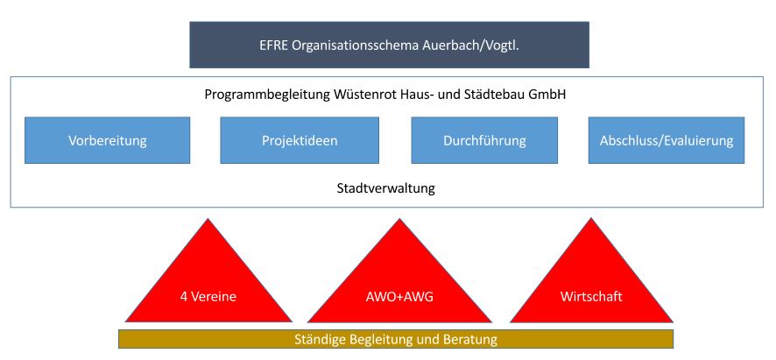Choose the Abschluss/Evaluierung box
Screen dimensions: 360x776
coord(667,139)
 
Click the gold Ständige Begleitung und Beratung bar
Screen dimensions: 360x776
coord(395,338)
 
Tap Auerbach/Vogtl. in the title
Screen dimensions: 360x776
coord(476,46)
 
